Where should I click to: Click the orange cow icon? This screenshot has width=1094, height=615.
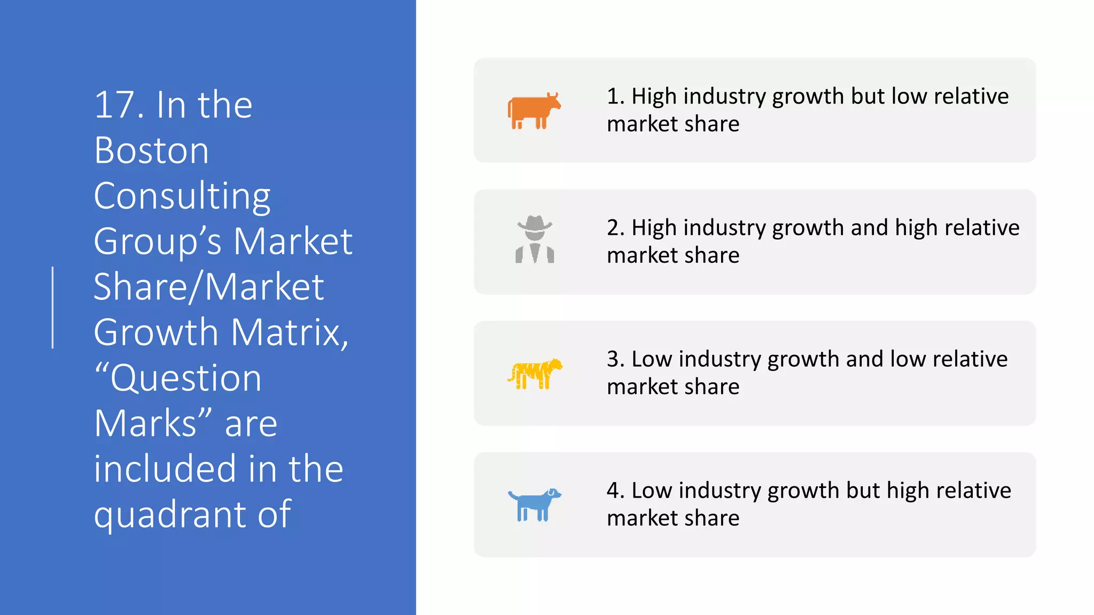click(x=534, y=111)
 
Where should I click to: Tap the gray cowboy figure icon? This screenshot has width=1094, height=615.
click(x=535, y=240)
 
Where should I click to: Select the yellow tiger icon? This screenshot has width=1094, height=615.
click(x=535, y=373)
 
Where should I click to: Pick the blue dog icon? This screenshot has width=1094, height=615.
click(x=534, y=504)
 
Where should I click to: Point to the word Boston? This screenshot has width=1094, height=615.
click(x=151, y=151)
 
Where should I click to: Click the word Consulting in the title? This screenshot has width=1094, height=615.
click(x=182, y=196)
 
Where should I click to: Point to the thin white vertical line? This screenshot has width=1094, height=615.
click(x=52, y=307)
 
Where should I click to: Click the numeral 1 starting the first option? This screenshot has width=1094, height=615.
click(x=613, y=97)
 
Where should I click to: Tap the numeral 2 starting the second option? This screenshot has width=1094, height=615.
click(x=613, y=228)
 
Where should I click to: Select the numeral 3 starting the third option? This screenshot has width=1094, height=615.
click(x=613, y=359)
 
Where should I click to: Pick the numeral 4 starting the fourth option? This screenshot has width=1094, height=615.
click(x=613, y=491)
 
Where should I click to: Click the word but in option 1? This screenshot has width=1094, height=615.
click(x=868, y=97)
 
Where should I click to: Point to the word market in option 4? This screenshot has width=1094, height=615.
click(x=642, y=518)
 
